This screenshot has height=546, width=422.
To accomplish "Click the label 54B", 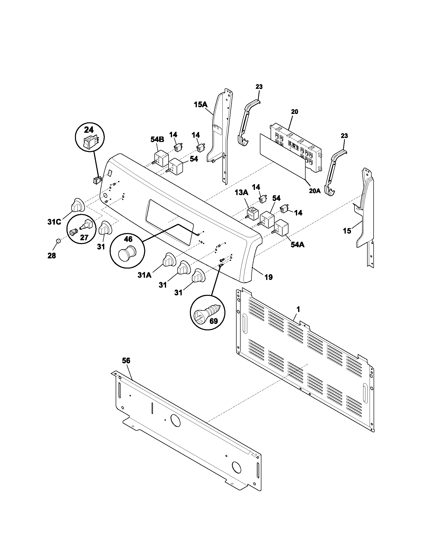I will click(x=157, y=139).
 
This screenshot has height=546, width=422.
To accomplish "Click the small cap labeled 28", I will click(x=58, y=241).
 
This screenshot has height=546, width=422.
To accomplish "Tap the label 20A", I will click(x=315, y=191).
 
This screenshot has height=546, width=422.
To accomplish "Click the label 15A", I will click(x=201, y=104).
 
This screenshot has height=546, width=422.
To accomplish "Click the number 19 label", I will click(x=269, y=277).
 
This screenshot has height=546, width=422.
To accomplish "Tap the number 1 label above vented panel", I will click(x=298, y=309).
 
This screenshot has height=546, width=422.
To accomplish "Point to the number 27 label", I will click(x=84, y=237).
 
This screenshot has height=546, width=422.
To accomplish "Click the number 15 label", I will click(x=347, y=231).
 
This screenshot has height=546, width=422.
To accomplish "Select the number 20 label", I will click(x=294, y=112).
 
